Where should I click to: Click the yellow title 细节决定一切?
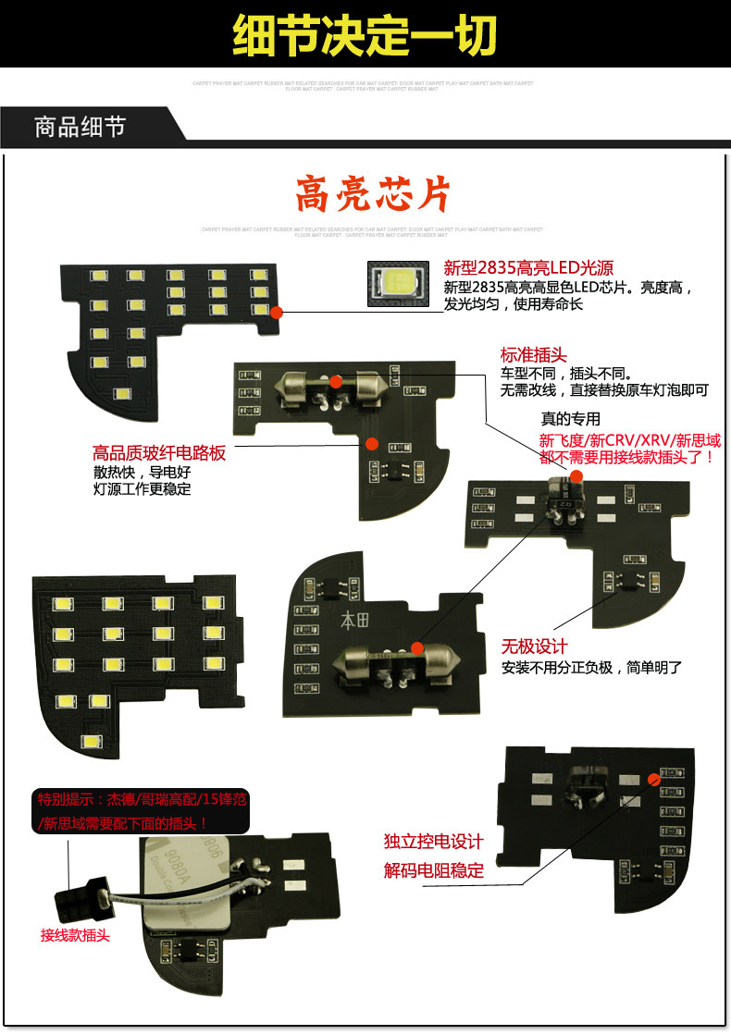tap(365, 35)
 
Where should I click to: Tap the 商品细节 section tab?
tap(81, 127)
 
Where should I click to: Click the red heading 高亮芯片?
tap(372, 195)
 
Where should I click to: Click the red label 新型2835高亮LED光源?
tap(528, 268)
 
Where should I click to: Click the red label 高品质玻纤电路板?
tap(159, 453)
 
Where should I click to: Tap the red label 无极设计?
tap(534, 646)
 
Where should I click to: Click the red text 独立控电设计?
tap(433, 842)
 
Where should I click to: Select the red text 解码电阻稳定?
tap(433, 869)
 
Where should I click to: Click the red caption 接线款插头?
tap(75, 935)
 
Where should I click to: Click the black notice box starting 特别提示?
tap(142, 811)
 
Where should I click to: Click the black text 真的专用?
tap(570, 419)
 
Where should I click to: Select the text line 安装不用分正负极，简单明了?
tap(591, 667)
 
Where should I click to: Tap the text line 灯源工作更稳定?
tap(142, 489)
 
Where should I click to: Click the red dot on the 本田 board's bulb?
tap(417, 647)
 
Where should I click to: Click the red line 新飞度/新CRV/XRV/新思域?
tap(629, 440)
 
